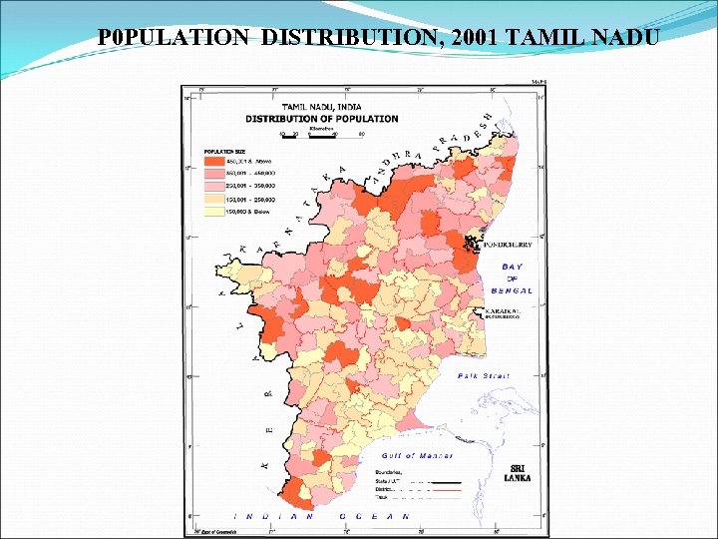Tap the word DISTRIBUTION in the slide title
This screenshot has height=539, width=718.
pos(355,38)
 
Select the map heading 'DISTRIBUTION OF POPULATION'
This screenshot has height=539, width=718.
pos(321,118)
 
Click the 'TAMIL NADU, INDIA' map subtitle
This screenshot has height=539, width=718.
pos(322,106)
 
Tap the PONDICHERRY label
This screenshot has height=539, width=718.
pos(507,244)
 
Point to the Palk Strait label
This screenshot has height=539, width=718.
pos(483,376)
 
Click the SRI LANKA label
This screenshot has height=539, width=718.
pos(520,473)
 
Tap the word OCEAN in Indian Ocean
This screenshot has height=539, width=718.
pos(377,516)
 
